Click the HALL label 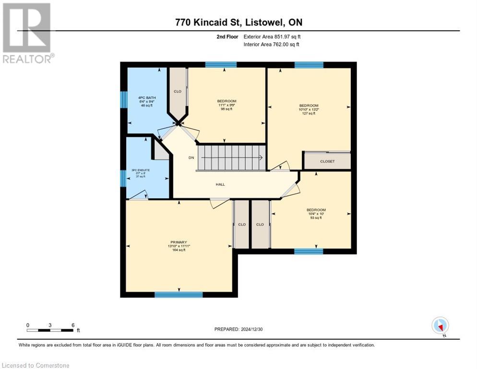pos(220,184)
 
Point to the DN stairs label pos(191,158)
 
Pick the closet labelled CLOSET pos(327,161)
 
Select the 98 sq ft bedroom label pos(227,105)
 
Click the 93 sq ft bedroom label pos(316,214)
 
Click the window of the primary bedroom pos(179,295)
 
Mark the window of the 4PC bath pos(123,99)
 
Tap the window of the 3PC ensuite pos(123,178)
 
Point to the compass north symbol pos(440,325)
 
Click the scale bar pos(50,330)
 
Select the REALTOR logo pos(27,33)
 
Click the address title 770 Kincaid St pos(238,23)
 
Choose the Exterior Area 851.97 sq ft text pos(272,37)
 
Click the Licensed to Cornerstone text pos(36,366)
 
